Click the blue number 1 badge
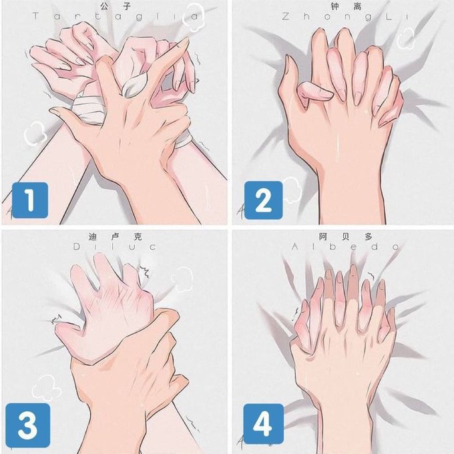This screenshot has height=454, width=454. pos(30,200)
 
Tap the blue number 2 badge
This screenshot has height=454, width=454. pos(263,200)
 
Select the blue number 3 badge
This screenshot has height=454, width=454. pos(28,425)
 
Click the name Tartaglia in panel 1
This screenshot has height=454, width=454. pos(116,16)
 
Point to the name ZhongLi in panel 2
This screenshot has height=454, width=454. pos(345,16)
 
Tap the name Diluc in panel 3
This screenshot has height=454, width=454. pos(114,247)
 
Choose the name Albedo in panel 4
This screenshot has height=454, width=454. pos(346,247)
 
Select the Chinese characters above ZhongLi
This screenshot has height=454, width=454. pos(346,6)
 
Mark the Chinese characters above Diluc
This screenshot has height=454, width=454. pos(116,236)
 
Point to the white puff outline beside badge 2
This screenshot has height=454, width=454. pos(292,190)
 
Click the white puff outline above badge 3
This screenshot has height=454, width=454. pos(46,387)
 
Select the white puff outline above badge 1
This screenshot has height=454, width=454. pos(35,134)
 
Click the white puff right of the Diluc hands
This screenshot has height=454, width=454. pos(182,279)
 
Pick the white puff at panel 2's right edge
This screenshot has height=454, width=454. pos(407,39)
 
